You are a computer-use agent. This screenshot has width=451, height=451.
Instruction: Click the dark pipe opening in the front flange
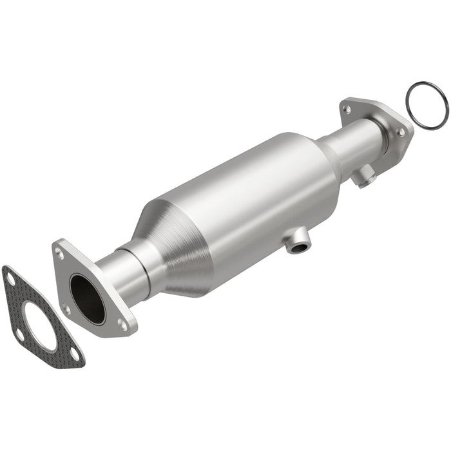[87, 298]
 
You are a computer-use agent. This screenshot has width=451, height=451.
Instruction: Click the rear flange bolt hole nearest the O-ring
[401, 131]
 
